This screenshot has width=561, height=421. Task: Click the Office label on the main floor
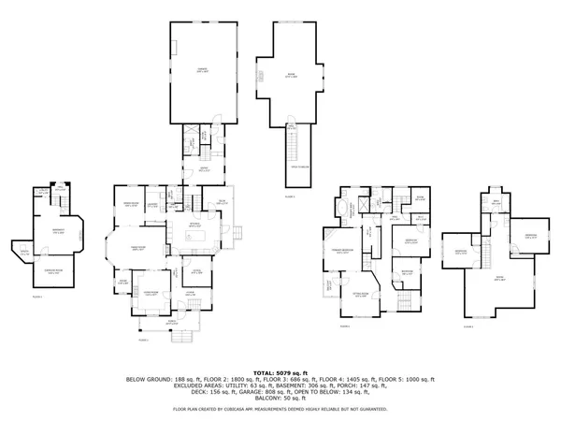[196, 271]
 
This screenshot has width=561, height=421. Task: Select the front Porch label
[170, 322]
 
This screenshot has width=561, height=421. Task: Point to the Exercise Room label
[55, 271]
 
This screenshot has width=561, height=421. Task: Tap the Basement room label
[58, 233]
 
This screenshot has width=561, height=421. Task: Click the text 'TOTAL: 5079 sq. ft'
[280, 372]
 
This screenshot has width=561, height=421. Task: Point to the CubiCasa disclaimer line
[280, 409]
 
